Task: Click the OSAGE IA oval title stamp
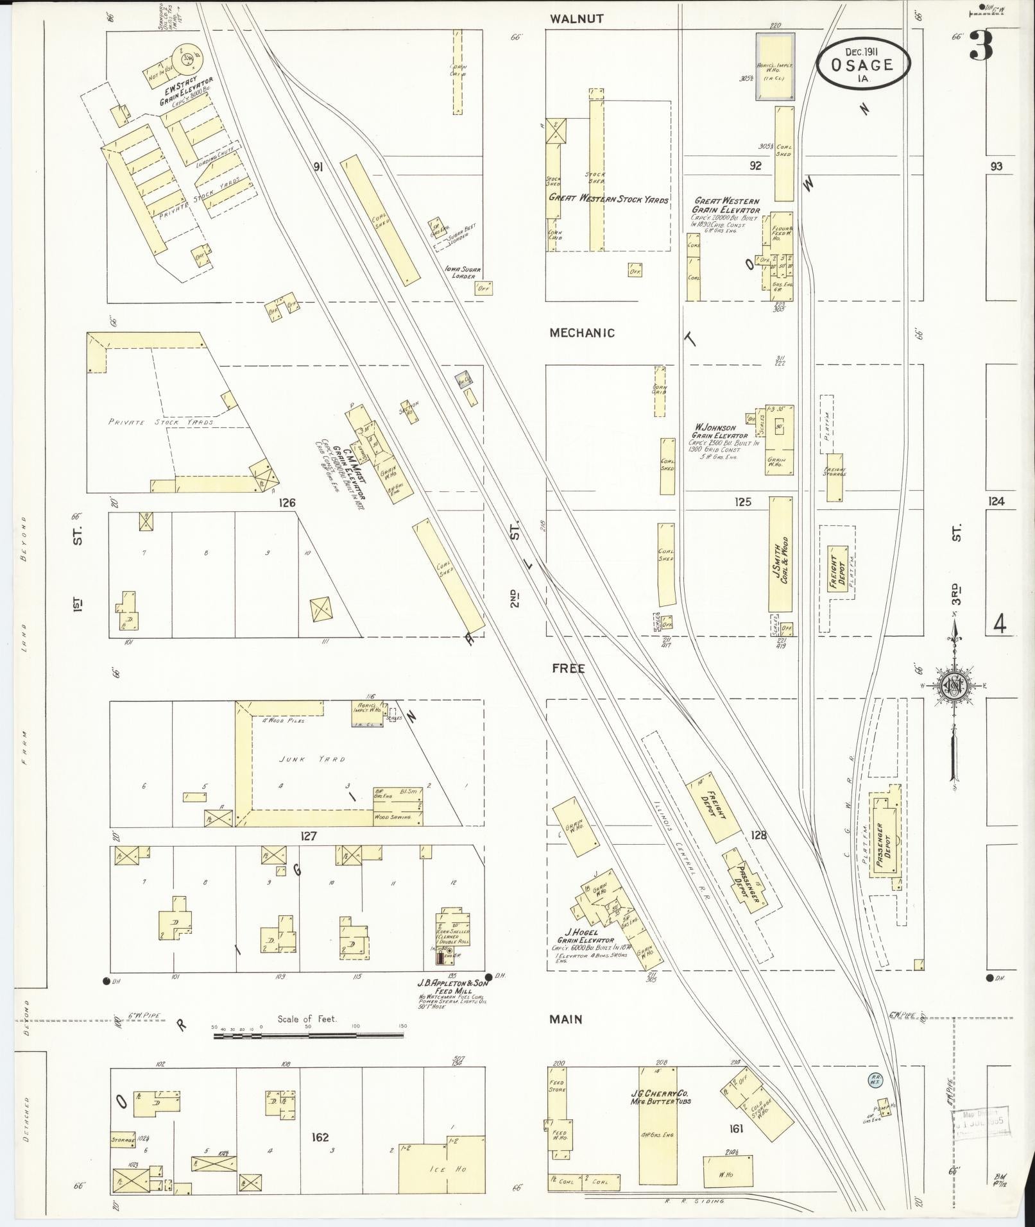click(863, 64)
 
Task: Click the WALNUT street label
click(576, 19)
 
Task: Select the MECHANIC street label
click(581, 333)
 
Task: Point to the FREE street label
click(568, 668)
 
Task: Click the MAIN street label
click(565, 1019)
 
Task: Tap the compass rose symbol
click(955, 687)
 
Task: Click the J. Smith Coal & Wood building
click(780, 554)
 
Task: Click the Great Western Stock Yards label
click(608, 199)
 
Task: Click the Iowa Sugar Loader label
click(466, 273)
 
